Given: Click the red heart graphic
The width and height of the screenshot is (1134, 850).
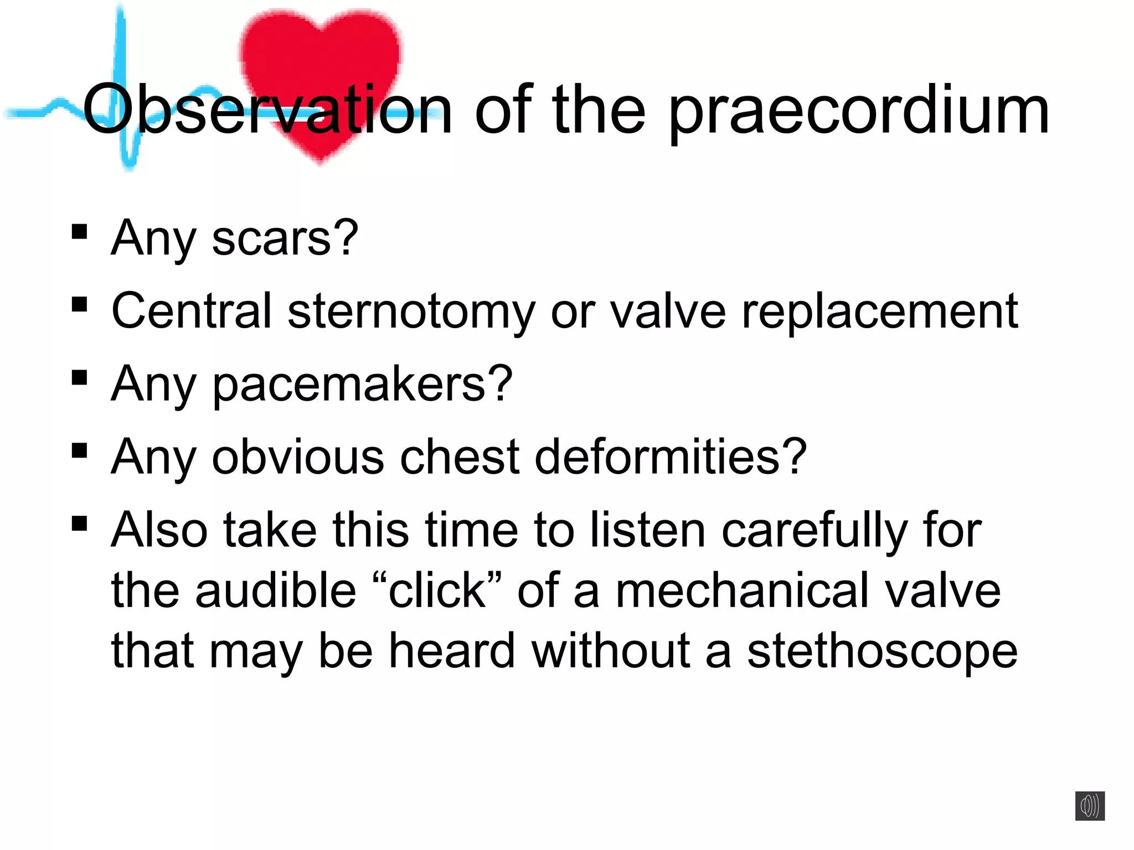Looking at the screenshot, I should (x=321, y=55).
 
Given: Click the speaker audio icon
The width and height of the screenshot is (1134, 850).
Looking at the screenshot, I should (x=1090, y=806).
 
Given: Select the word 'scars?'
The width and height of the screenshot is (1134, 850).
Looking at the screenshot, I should (x=285, y=239).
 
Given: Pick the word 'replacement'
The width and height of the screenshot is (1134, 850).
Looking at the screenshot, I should (x=880, y=312).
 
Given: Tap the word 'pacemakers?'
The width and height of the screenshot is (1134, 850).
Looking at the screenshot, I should (x=362, y=384).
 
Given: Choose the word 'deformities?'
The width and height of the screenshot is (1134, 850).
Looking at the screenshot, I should (x=671, y=457).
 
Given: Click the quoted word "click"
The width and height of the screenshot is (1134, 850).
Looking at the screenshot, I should (x=437, y=591).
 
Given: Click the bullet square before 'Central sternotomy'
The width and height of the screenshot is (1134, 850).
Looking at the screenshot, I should (x=80, y=304).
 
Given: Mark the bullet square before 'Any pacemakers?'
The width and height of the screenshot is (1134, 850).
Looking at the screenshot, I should (x=80, y=377).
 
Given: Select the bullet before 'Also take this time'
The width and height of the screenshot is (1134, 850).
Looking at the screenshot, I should (x=80, y=523).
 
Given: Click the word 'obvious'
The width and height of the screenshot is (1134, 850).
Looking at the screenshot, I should (x=298, y=457).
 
